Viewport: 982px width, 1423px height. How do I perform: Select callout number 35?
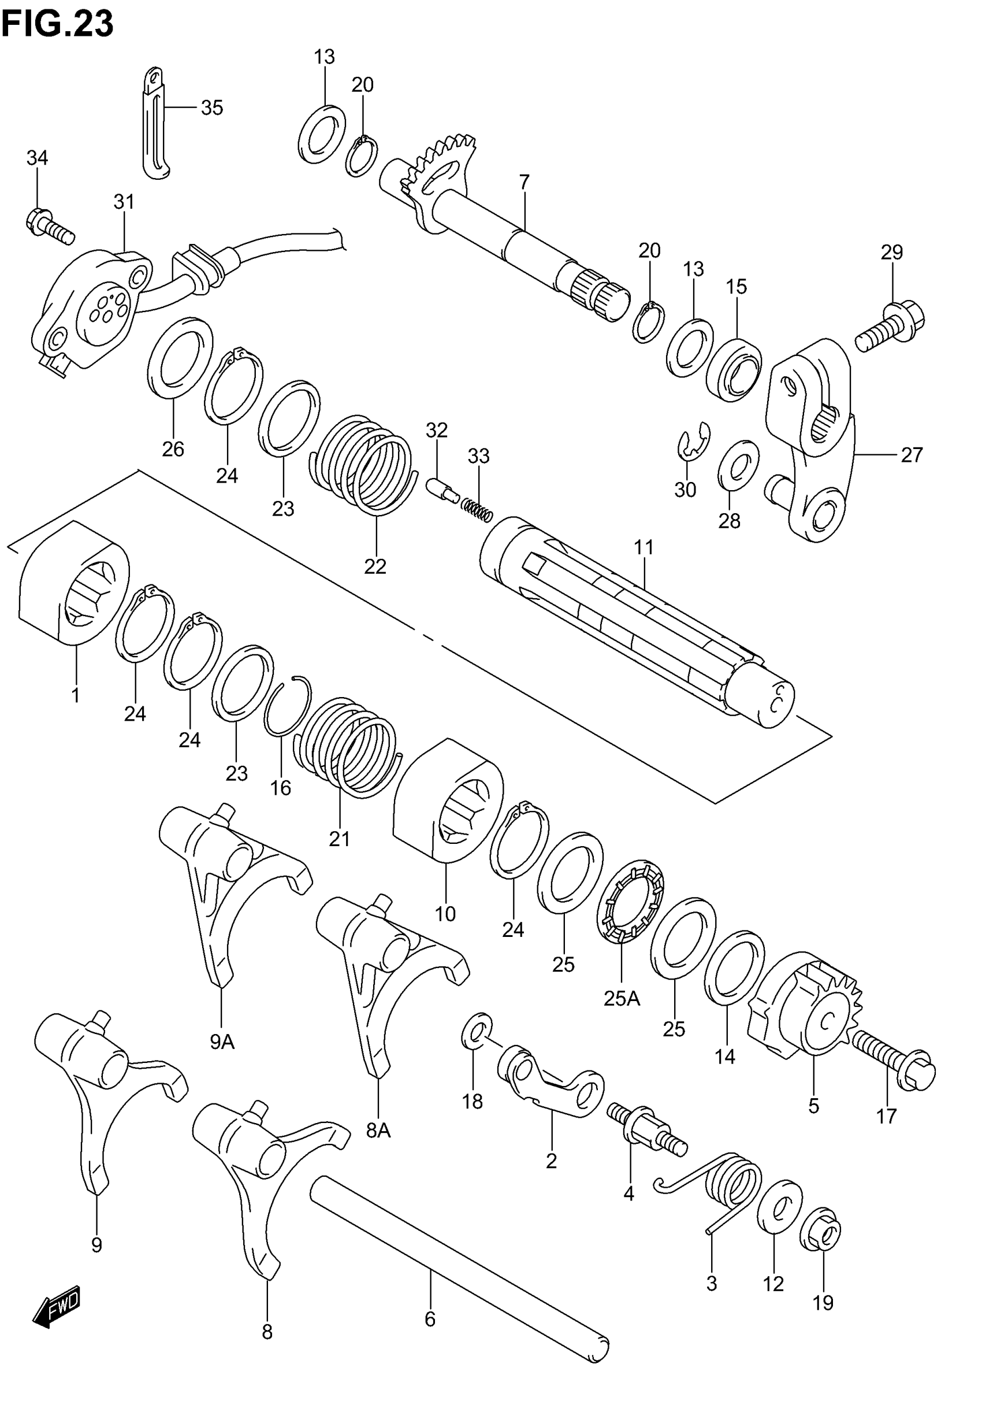point(211,108)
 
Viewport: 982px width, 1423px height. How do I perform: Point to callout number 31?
point(124,202)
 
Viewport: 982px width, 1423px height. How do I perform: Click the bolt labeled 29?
point(891,326)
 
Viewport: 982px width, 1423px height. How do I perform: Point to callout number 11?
point(643,547)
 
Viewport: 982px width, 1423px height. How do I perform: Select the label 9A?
point(222,1042)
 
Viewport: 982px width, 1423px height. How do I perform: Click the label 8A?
point(378,1131)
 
